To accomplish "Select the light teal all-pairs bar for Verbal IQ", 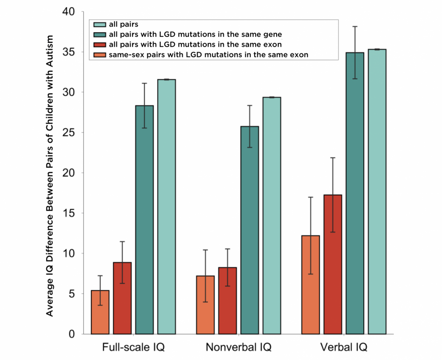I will click(377, 191).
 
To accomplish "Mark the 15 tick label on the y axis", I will click(69, 213).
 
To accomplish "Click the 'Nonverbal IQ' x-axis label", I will click(238, 348).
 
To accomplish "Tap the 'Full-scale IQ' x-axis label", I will click(133, 348).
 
